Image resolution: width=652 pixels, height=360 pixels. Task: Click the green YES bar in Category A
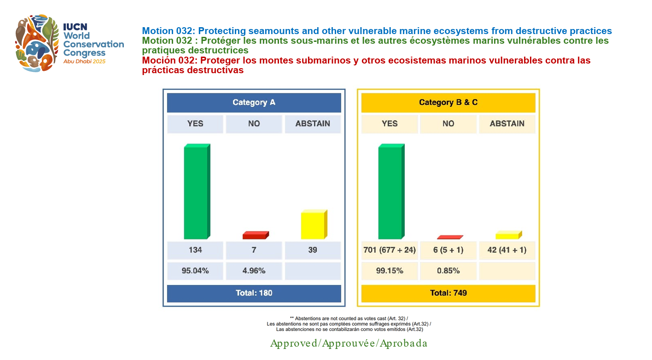[x=196, y=192]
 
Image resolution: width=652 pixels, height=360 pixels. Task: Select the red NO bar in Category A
[x=255, y=236]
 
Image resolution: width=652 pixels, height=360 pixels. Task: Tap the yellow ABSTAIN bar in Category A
[x=313, y=225]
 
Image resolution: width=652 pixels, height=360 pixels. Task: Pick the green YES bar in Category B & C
[x=390, y=192]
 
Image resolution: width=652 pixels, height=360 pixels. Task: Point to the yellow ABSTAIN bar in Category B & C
[x=507, y=236]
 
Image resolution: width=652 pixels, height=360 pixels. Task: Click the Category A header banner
[x=254, y=103]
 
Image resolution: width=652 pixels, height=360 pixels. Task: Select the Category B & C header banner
[x=448, y=103]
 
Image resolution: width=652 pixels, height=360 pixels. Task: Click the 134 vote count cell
[x=195, y=250]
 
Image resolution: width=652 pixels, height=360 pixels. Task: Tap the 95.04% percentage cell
[x=195, y=271]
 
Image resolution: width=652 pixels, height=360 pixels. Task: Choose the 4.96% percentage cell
[x=254, y=271]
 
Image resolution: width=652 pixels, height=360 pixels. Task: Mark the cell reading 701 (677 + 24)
[x=390, y=250]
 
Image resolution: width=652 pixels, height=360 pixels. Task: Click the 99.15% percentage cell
[x=390, y=271]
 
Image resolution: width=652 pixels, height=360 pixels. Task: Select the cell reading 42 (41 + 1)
[x=507, y=250]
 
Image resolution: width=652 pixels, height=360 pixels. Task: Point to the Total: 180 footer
[x=254, y=293]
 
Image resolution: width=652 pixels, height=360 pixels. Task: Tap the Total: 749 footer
[x=448, y=293]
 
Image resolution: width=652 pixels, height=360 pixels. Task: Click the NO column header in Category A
[x=254, y=124]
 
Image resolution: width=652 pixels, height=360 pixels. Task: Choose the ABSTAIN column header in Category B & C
[x=507, y=124]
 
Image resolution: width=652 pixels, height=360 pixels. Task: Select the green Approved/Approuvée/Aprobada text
[x=349, y=343]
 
